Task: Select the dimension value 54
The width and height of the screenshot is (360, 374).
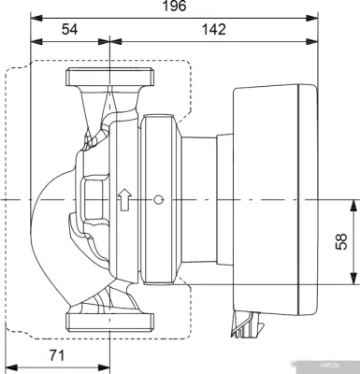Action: tap(69, 31)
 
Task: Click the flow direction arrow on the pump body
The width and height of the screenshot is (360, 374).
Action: tap(123, 200)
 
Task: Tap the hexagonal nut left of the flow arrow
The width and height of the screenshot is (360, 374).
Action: tap(95, 199)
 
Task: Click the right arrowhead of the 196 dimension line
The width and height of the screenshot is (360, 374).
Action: tap(321, 16)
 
